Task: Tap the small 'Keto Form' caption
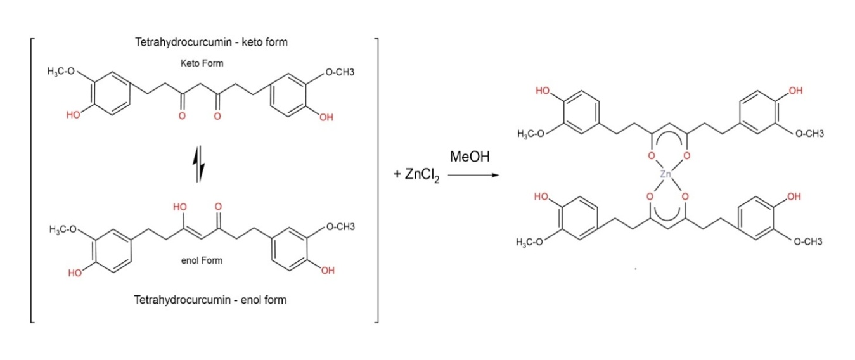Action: coord(202,63)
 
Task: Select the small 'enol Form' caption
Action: coord(202,260)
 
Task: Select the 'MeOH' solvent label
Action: coord(469,157)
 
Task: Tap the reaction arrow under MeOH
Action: coord(470,176)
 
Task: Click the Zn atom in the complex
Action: coord(665,174)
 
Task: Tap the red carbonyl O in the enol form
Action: coord(218,207)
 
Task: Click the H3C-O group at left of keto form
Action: coord(61,72)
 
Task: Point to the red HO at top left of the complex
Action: coord(543,92)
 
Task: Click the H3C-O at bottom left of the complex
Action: coord(530,242)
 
